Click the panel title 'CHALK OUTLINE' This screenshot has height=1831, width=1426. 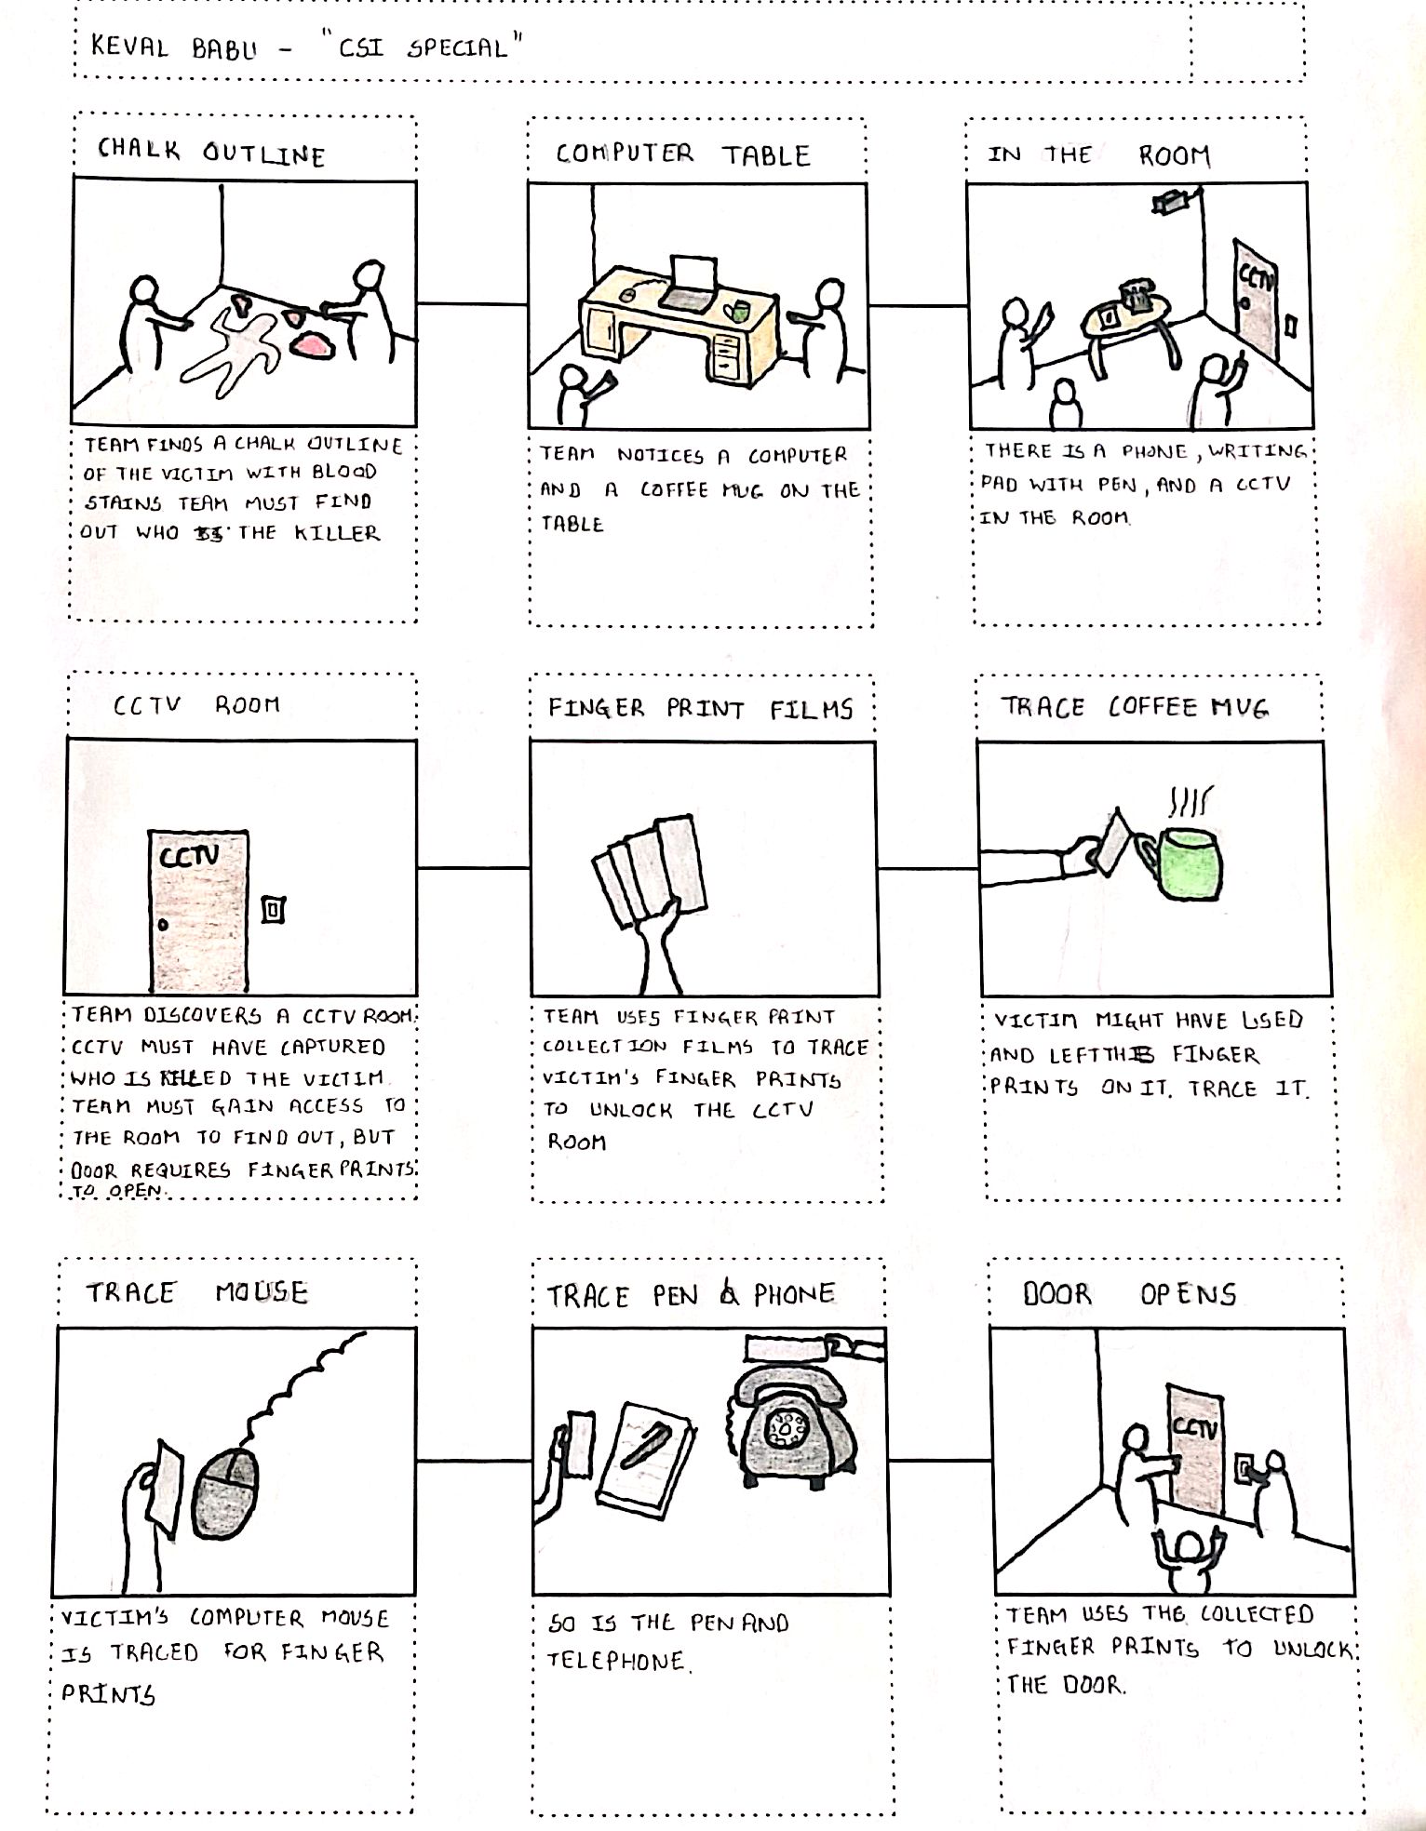pos(211,151)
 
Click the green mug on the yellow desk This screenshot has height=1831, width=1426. pos(741,310)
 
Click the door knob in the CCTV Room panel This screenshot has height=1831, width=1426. pos(164,925)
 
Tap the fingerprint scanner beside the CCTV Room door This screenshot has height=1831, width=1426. pos(273,909)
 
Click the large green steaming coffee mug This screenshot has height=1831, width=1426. pos(1186,863)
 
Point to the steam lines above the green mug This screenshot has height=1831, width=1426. pos(1190,801)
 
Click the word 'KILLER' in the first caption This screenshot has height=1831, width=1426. pos(337,533)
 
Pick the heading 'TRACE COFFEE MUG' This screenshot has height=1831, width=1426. pos(1135,707)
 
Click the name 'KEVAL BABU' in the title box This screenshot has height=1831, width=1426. pos(173,47)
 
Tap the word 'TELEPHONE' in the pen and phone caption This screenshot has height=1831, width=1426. pos(617,1661)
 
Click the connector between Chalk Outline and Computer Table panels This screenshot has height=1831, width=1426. pos(472,303)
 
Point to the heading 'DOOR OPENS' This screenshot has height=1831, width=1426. pos(1129,1293)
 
